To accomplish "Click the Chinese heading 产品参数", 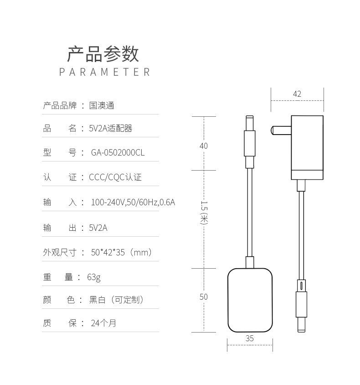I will coord(103,54).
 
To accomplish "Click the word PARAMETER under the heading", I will coord(104,72).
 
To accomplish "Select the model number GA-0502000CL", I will coord(118,153).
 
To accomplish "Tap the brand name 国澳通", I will coord(102,106).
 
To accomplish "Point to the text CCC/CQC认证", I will coord(115,177).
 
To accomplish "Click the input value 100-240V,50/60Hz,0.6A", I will coord(133,202).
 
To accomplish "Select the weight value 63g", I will coord(94,277).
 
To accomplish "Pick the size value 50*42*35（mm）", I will coord(121,252).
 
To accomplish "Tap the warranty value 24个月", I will coord(103,323).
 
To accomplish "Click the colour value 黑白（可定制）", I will coord(117,300).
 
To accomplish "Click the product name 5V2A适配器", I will coord(110,129).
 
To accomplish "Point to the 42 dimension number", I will coord(297,94).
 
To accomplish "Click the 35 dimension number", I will coord(250,338).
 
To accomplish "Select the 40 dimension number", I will coord(204,146).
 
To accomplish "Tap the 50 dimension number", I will coord(204,297).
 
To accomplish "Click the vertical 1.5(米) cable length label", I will coord(204,213).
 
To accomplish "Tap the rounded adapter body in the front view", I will coord(250,300).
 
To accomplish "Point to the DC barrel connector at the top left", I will coord(250,141).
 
